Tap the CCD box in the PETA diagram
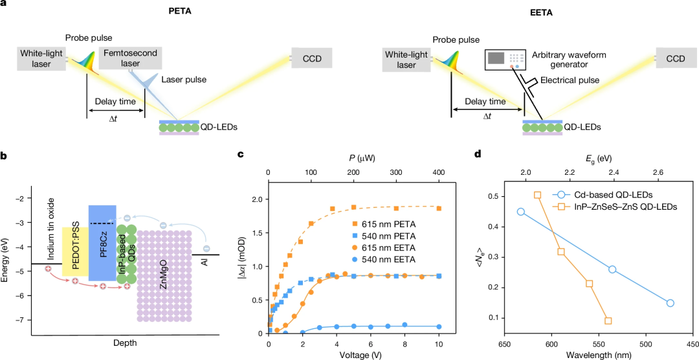(x=311, y=59)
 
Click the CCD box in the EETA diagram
(x=675, y=59)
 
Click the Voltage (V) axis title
(x=354, y=355)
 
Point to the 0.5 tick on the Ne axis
(x=493, y=196)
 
